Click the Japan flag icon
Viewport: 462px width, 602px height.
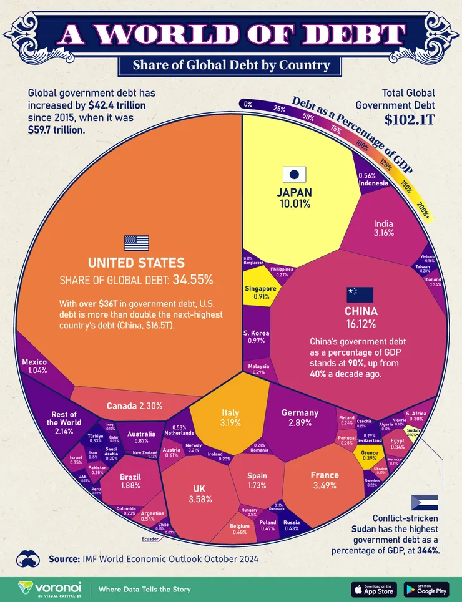tap(295, 175)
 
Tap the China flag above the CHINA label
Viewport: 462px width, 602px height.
tap(360, 295)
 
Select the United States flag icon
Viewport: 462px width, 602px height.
tap(136, 243)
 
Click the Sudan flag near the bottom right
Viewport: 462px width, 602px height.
tap(425, 503)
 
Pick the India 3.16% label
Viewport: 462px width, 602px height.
tap(383, 228)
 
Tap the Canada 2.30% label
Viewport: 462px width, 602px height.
tap(134, 405)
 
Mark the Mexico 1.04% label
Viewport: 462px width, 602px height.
tap(34, 366)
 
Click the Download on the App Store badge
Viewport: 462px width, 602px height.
tap(373, 589)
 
